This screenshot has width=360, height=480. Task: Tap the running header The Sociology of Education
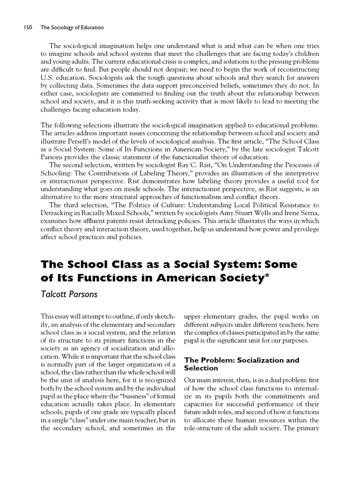point(72,28)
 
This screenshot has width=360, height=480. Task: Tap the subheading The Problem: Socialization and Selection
point(241,364)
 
